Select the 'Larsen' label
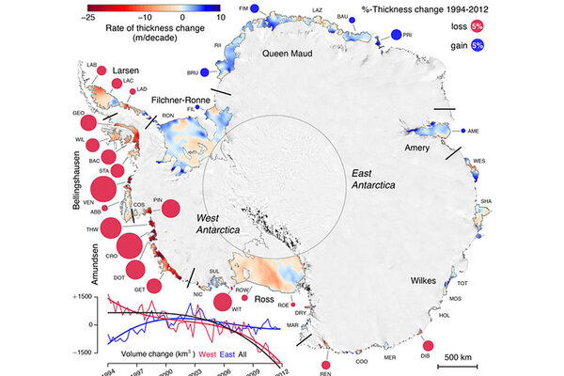(126, 70)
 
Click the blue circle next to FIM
(268, 9)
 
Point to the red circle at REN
(325, 364)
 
